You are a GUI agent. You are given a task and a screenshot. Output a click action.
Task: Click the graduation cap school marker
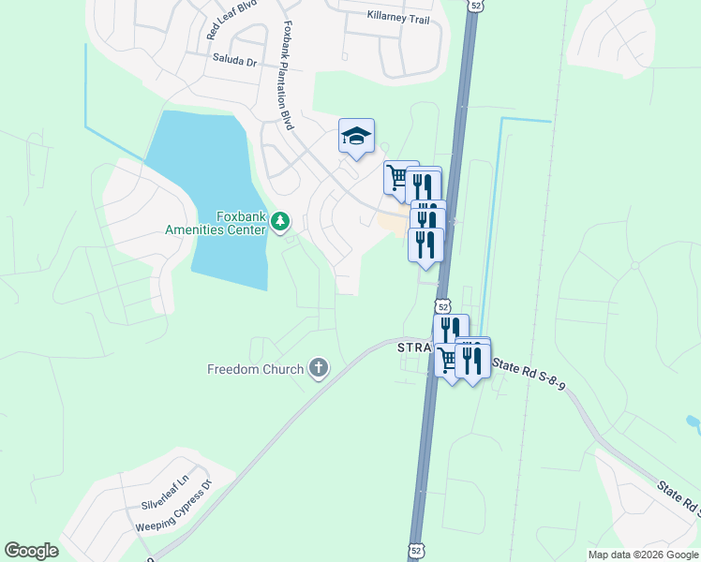tap(356, 137)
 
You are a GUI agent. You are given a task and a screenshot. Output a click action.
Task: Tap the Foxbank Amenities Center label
tap(216, 222)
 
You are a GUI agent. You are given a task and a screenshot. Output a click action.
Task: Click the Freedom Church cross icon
tap(319, 369)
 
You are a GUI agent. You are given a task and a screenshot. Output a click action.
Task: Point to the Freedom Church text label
tap(255, 369)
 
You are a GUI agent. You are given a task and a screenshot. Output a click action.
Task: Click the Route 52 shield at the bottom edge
tap(415, 551)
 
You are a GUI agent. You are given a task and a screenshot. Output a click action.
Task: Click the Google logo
tap(31, 550)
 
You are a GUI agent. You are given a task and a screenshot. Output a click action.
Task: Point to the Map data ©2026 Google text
tap(642, 555)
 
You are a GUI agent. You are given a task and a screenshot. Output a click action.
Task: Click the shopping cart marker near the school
tap(398, 176)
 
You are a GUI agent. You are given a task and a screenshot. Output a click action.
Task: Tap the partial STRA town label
tap(412, 348)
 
